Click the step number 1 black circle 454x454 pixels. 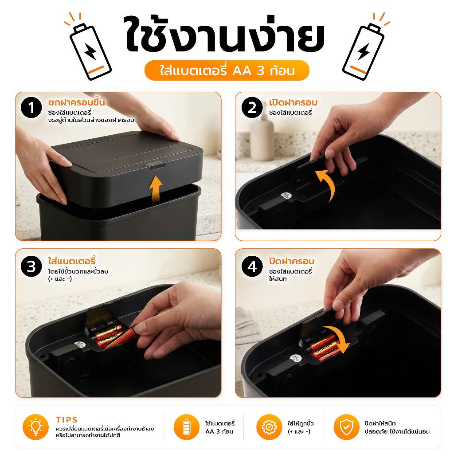pos(31,107)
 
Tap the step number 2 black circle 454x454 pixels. pos(252,107)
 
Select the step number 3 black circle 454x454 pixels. pos(31,266)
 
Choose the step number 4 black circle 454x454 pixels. pos(252,266)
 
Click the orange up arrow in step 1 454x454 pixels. pos(156,188)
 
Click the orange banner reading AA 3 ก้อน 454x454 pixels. pos(227,70)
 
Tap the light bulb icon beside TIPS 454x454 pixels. pos(35,427)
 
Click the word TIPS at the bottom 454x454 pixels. pos(67,419)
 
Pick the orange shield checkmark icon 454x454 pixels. pos(346,427)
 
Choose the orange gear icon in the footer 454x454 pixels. pos(269,427)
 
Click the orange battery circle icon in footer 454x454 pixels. pos(187,427)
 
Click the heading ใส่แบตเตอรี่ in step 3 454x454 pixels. pos(71,261)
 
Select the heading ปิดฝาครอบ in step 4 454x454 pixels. pos(292,261)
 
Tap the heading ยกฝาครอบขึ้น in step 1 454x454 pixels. pos(76,102)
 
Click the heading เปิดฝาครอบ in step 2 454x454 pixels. pos(293,102)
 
